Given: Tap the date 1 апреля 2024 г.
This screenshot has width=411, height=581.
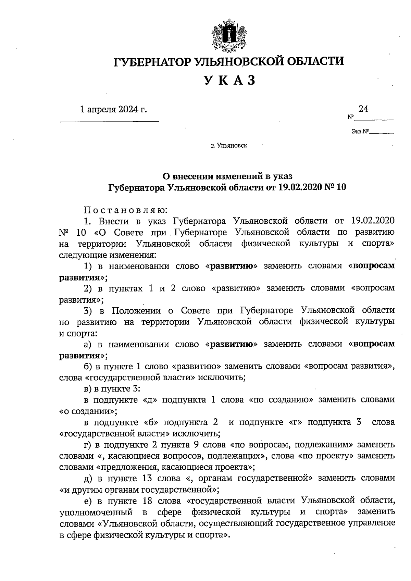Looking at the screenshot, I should [113, 110].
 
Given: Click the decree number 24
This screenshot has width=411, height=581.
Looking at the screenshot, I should [363, 109].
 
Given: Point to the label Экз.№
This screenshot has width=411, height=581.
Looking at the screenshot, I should [360, 131].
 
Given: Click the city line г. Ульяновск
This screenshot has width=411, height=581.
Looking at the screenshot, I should [229, 146].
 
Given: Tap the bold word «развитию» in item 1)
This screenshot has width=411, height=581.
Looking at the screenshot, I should [234, 266].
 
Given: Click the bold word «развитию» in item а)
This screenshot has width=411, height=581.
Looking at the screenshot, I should [234, 344].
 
